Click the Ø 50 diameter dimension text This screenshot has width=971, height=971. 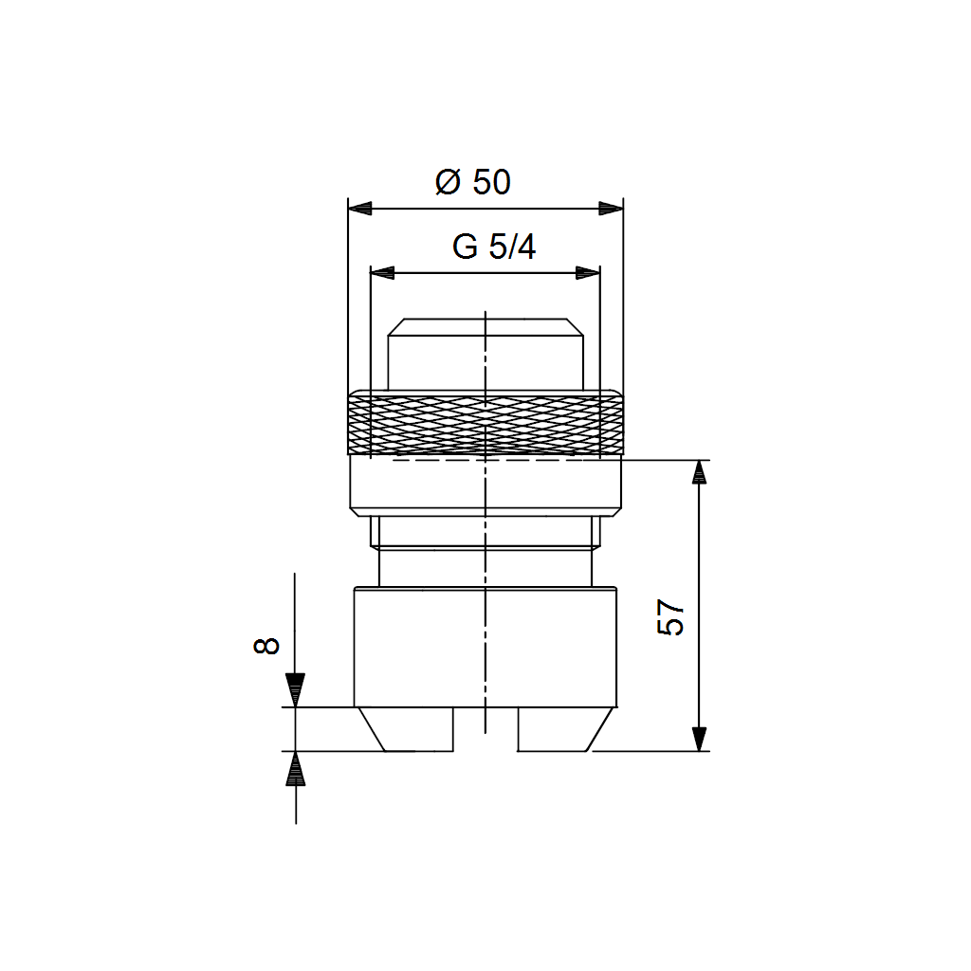pyautogui.click(x=473, y=181)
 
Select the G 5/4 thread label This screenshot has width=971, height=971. pyautogui.click(x=493, y=247)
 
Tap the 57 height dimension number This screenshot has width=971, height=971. pyautogui.click(x=670, y=616)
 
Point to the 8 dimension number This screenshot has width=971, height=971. pyautogui.click(x=266, y=646)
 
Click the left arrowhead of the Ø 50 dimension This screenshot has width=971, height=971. pyautogui.click(x=359, y=208)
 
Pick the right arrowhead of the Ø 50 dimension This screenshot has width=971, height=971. pyautogui.click(x=612, y=208)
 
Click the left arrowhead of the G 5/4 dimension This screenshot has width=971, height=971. pyautogui.click(x=382, y=272)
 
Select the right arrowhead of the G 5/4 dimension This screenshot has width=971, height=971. pyautogui.click(x=588, y=272)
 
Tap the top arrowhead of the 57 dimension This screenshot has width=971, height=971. pyautogui.click(x=699, y=472)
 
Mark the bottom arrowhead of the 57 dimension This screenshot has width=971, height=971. pyautogui.click(x=699, y=740)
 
